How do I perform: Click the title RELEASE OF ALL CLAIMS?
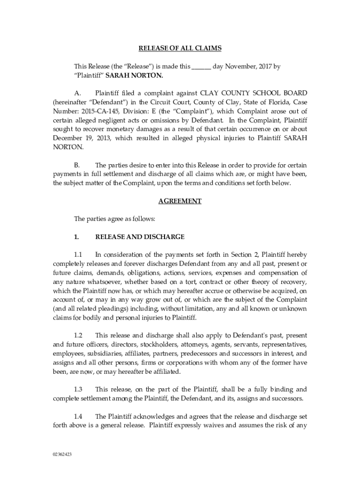pos(180,48)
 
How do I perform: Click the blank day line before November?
pos(201,66)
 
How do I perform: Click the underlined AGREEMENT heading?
pos(180,201)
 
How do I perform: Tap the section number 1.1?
pos(79,254)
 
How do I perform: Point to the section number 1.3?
pos(79,389)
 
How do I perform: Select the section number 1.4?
pos(79,416)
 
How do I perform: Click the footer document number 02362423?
pos(62,454)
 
